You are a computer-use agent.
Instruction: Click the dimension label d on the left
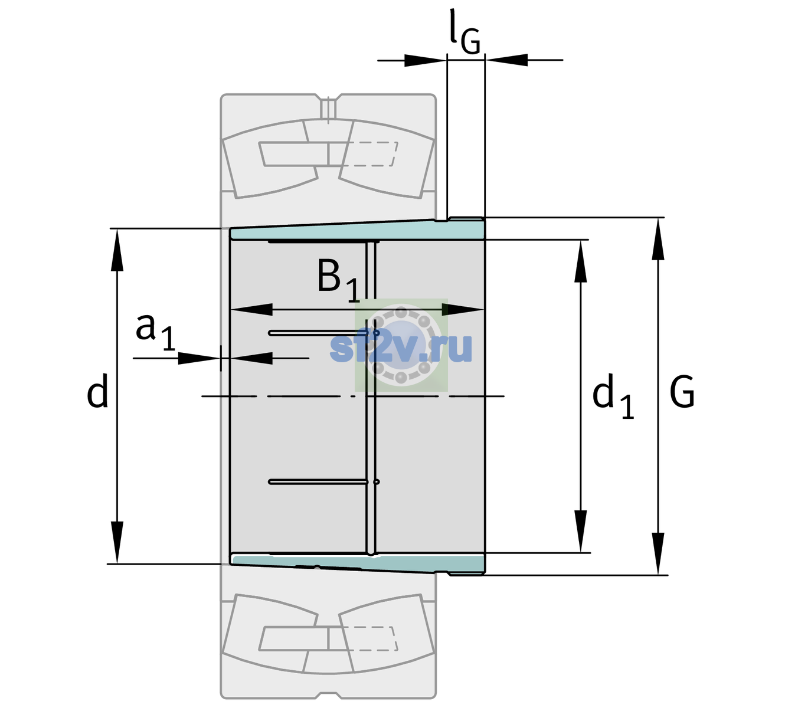[x=97, y=391]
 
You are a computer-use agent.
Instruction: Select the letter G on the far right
[x=682, y=392]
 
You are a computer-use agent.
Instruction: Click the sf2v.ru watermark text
[x=401, y=348]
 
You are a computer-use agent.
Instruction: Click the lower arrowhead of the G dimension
[x=658, y=553]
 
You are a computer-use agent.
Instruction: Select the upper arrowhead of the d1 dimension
[x=580, y=261]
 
